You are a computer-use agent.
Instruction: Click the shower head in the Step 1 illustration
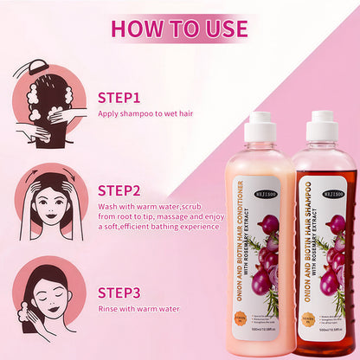point(36,67)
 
